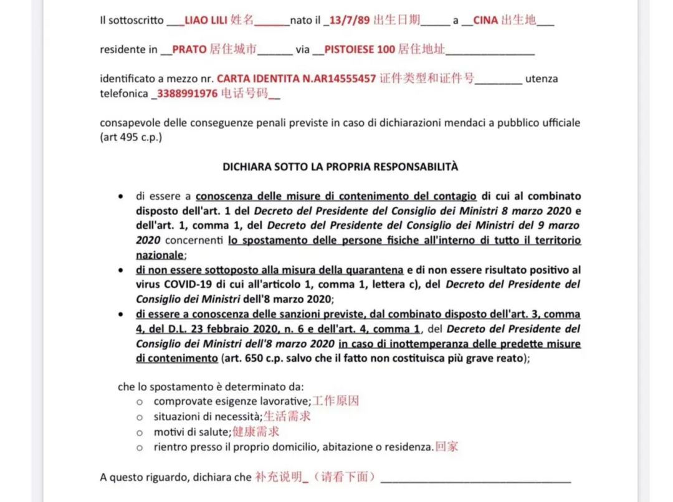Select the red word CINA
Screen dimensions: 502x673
485,21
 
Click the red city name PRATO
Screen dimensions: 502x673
189,49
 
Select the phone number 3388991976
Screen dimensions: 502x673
187,94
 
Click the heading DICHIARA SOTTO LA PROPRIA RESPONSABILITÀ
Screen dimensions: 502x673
340,167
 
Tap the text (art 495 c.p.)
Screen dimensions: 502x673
131,138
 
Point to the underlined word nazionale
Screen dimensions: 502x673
160,254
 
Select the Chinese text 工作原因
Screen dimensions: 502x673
335,401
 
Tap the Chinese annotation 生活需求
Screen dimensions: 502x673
287,417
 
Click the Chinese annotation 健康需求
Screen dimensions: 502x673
255,432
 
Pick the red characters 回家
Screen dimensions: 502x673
447,446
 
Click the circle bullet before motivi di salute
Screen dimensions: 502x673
140,432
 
